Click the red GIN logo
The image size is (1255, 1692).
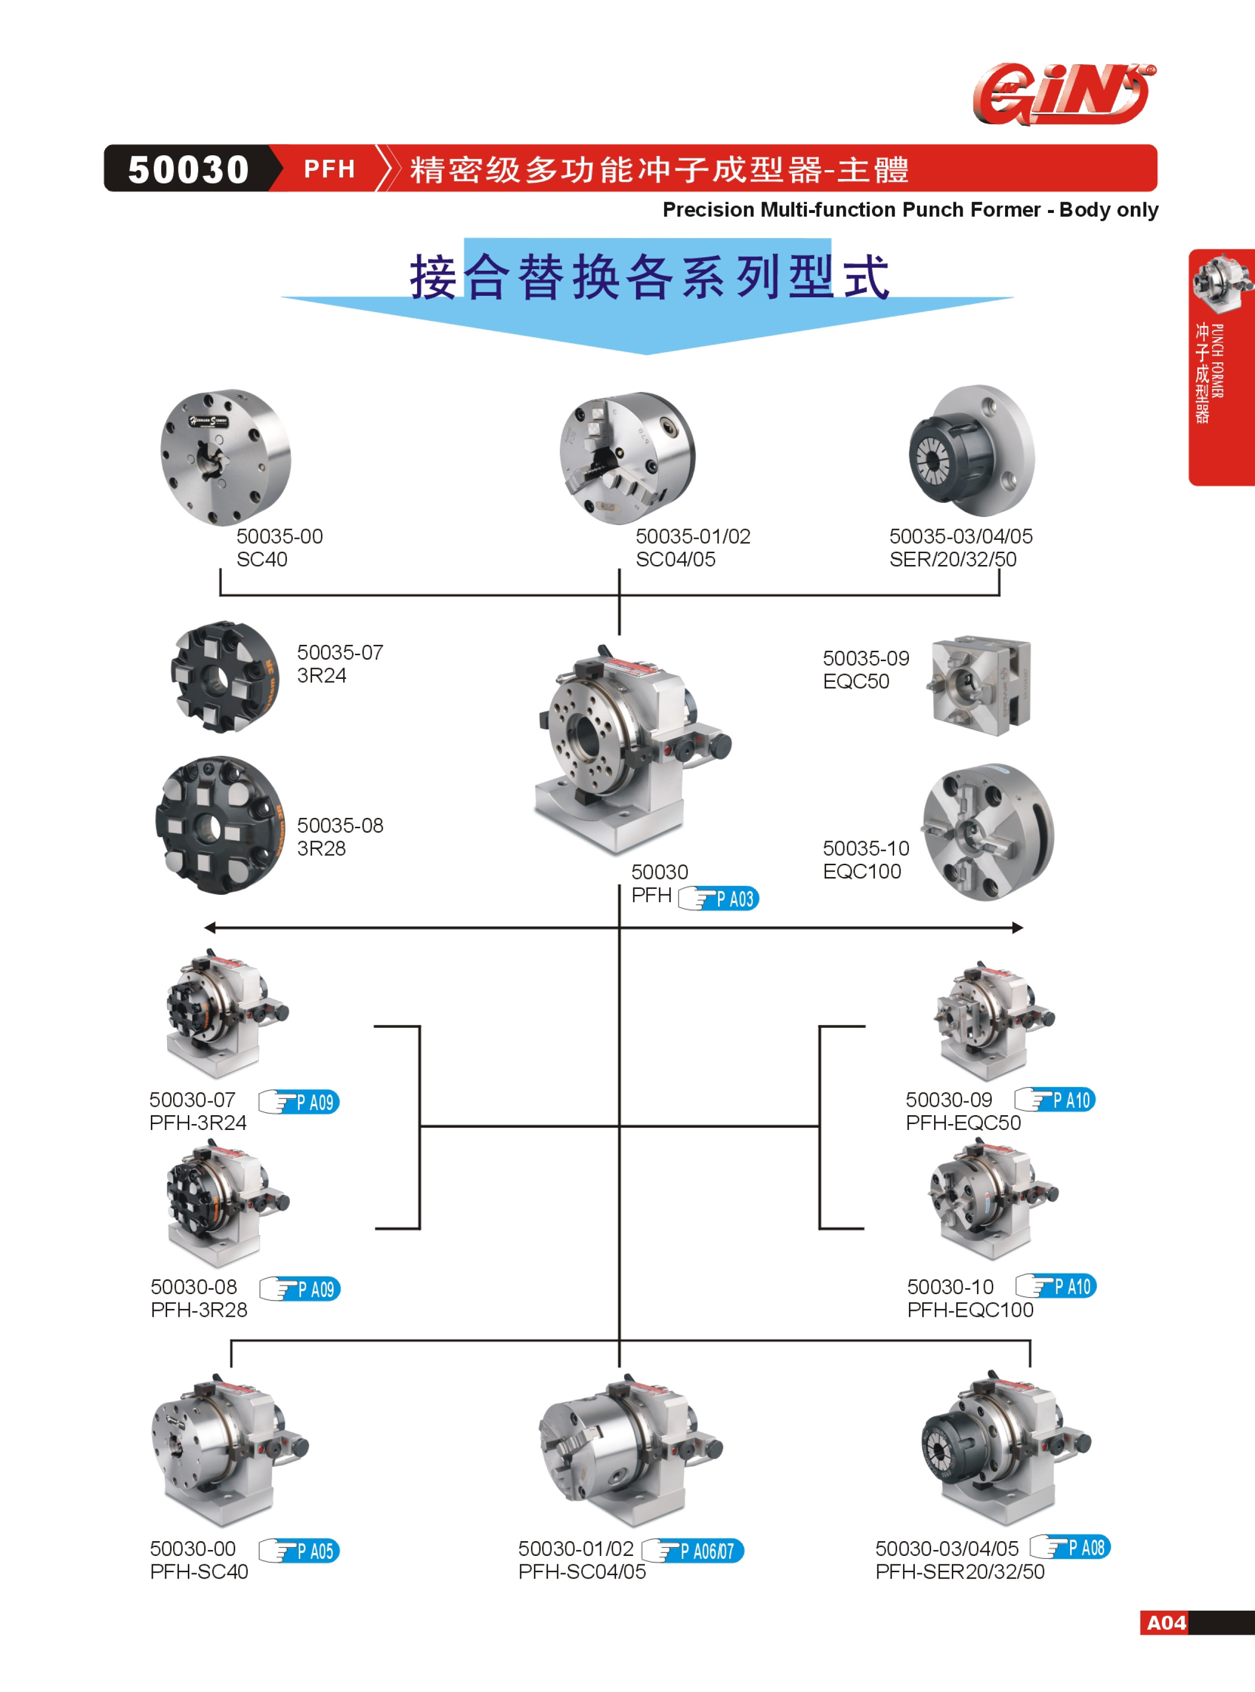tap(1064, 94)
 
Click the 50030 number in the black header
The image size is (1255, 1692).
tap(188, 169)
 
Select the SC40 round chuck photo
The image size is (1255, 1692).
tap(226, 458)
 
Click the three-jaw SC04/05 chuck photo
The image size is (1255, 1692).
tap(627, 458)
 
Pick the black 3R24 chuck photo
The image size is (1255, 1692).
tap(225, 676)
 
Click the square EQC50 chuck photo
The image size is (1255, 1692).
tap(979, 685)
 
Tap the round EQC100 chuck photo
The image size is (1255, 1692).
tap(988, 832)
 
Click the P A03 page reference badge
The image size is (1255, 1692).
tap(719, 898)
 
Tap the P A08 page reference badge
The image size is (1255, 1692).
tap(1070, 1547)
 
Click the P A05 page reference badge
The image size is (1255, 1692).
tap(299, 1550)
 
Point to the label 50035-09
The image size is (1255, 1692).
tap(866, 658)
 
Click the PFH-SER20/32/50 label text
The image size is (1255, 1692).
tap(959, 1571)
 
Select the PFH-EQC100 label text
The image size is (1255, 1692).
tap(970, 1310)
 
